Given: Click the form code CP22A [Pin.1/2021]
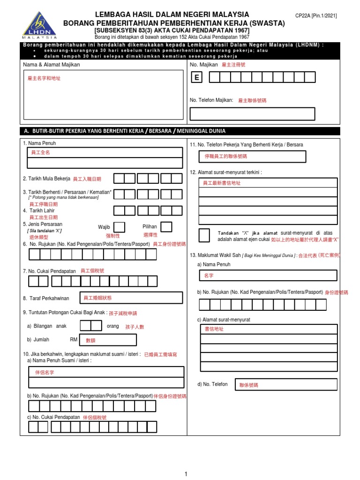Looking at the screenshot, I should [x=315, y=15].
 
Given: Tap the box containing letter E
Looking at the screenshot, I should [x=196, y=78].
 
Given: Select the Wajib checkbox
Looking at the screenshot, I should [x=120, y=227].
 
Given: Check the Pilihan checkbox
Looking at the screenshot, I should [x=166, y=227].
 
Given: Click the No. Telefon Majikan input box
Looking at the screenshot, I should [x=252, y=114].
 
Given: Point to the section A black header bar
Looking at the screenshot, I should [x=180, y=131].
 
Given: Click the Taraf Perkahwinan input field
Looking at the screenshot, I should [x=131, y=298].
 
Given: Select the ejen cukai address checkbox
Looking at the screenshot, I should [x=204, y=235].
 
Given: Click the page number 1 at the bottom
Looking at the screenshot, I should [x=186, y=474].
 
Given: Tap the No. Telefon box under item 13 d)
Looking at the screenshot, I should [x=285, y=384].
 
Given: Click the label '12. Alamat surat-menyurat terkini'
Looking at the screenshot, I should [x=225, y=172].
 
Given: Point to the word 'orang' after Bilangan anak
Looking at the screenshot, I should [x=113, y=326].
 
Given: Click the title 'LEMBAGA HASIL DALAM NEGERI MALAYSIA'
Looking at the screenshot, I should [x=172, y=15].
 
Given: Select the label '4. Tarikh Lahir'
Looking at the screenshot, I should [x=39, y=210].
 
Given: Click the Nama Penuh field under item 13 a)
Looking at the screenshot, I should [x=268, y=276].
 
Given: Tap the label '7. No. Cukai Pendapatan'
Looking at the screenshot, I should [x=49, y=271].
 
